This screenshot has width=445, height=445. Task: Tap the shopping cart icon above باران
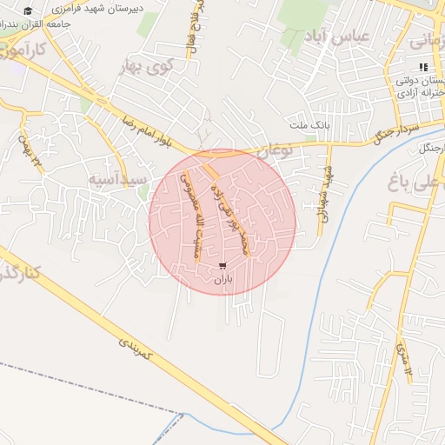coord(223,265)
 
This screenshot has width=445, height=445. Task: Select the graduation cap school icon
coord(27,11)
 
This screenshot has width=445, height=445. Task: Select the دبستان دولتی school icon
coord(423,67)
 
